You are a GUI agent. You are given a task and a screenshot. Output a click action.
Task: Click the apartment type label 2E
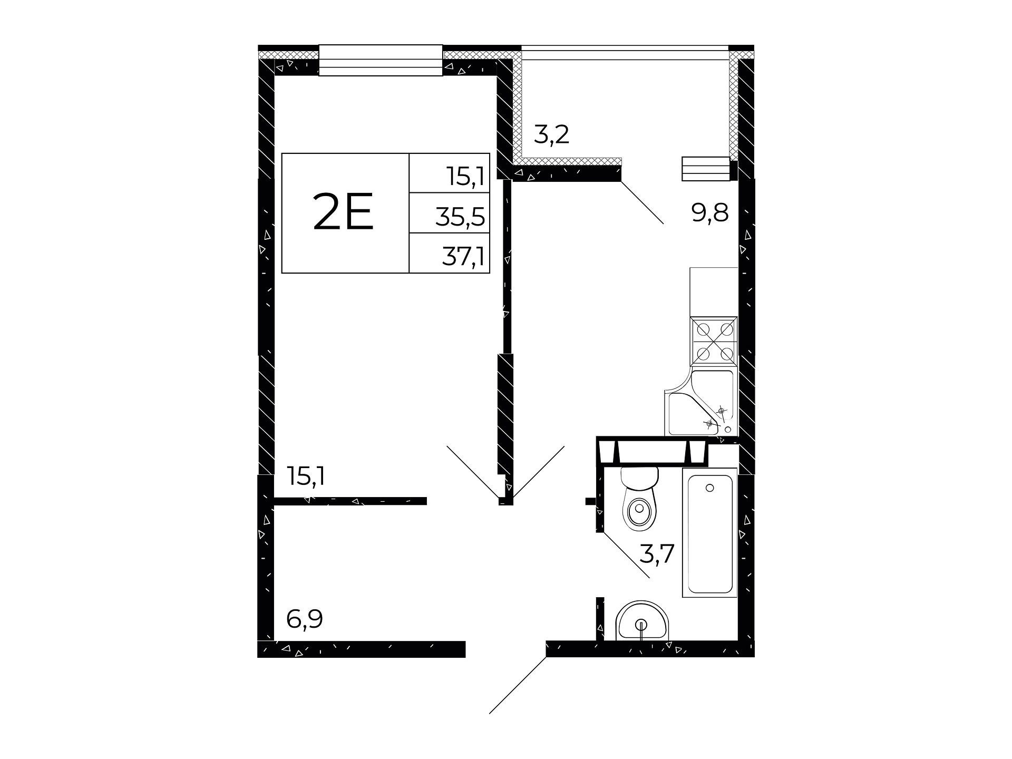point(343,212)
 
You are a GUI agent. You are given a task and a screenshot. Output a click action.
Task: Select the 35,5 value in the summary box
point(460,217)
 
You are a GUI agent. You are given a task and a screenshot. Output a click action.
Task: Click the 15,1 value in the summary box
point(465,177)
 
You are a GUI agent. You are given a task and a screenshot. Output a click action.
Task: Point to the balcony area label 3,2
point(551,135)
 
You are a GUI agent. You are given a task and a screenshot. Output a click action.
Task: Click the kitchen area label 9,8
point(710,213)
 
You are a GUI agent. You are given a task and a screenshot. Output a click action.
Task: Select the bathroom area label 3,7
point(657,554)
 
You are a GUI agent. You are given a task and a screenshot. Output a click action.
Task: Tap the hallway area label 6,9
point(304,619)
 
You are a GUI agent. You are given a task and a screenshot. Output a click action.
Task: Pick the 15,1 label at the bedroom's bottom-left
point(306,476)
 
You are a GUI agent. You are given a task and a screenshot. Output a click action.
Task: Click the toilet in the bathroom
point(640,498)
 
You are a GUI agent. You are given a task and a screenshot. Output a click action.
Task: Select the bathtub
point(709,532)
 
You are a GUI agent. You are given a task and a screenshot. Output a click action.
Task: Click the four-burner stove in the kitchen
point(714,341)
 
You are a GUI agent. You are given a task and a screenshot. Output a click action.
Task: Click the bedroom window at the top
point(381,61)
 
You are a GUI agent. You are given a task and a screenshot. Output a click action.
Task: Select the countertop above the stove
point(714,292)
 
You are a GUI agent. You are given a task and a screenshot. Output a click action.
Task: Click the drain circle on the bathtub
point(709,488)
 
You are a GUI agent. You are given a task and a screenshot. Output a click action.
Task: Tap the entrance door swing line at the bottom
point(518,685)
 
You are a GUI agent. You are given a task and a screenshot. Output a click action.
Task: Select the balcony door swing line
point(642,203)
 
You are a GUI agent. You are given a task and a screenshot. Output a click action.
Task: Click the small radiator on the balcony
point(706,169)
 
